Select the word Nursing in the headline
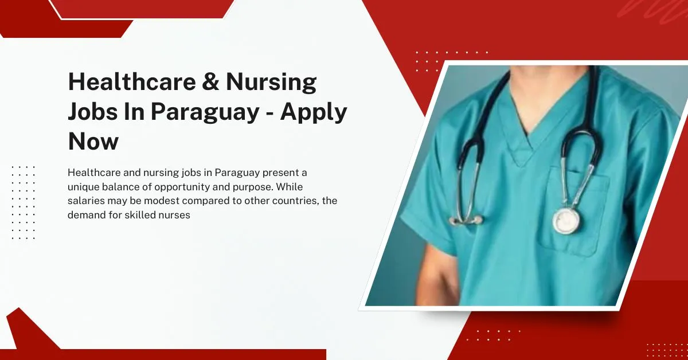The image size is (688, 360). pyautogui.click(x=271, y=83)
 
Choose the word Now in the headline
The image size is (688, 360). pyautogui.click(x=93, y=140)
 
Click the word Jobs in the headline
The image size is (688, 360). pyautogui.click(x=91, y=112)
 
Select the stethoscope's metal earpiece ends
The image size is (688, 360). pyautogui.click(x=466, y=220)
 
